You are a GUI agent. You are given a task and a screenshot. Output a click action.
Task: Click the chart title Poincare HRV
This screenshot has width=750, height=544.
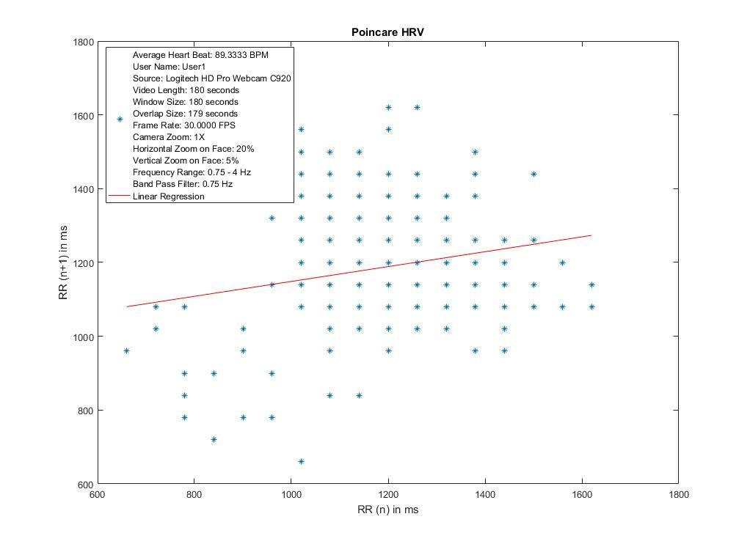point(387,32)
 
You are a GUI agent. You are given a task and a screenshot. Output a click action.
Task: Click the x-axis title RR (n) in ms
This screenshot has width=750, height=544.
point(387,510)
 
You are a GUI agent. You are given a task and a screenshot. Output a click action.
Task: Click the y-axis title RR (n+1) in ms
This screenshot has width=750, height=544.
point(65,262)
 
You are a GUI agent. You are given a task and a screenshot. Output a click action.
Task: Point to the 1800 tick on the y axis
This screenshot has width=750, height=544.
point(84,43)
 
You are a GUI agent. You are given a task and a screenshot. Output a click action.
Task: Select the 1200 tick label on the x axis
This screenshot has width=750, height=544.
point(388,495)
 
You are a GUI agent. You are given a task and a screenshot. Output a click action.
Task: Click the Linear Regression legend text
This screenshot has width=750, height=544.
point(168,196)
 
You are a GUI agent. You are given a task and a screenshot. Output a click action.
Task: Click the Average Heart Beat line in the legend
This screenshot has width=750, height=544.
point(205,55)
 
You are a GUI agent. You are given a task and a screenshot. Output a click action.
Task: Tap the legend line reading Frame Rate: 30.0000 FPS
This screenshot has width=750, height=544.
point(184,125)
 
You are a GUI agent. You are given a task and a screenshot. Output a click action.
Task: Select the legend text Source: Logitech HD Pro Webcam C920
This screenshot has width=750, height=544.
point(214,78)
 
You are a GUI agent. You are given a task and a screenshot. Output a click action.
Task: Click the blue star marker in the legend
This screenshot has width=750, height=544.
point(120,119)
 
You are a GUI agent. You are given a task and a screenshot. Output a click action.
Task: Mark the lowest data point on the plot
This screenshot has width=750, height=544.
point(301,462)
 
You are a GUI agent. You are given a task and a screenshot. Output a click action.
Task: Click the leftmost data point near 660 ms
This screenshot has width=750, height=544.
point(126,351)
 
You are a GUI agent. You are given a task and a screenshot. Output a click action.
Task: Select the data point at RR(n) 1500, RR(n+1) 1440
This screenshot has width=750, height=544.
point(534,174)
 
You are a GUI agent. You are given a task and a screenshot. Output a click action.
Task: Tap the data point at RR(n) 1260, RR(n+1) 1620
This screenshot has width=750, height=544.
point(417,108)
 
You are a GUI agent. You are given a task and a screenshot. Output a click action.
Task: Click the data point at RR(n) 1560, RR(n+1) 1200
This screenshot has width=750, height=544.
point(562,262)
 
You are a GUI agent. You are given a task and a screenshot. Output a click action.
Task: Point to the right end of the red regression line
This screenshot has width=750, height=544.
point(591,235)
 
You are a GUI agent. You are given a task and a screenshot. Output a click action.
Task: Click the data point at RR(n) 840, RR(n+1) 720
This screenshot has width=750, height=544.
point(214,440)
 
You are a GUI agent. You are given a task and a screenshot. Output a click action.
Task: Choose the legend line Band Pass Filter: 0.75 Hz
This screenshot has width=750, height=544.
point(182,184)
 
